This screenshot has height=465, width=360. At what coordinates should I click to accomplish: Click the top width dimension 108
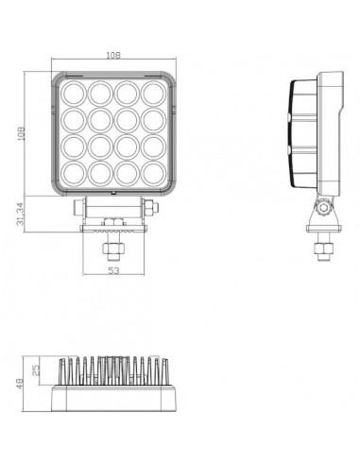coord(113,56)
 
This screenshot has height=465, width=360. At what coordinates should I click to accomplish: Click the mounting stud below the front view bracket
coord(112,248)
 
